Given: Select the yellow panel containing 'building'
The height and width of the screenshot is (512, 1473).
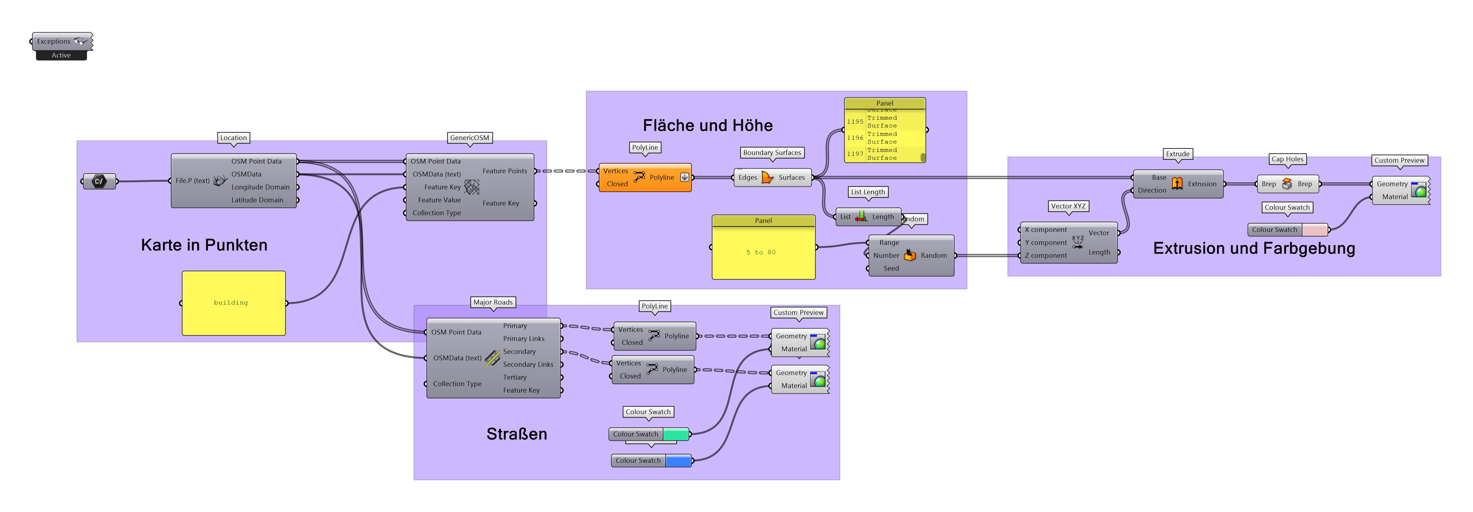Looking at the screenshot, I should coord(233,303).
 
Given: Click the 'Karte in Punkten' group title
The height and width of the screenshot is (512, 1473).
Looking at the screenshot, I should coord(204,245).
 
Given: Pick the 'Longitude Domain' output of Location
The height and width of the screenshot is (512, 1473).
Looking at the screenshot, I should coord(260,187).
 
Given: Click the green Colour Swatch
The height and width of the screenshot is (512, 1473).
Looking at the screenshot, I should coord(675,434).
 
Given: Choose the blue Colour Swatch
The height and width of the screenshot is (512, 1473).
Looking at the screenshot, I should coord(678,460).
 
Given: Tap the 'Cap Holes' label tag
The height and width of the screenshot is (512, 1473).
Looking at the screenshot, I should coord(1287,159).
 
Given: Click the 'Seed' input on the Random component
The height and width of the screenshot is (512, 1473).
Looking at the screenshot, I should coord(890,269).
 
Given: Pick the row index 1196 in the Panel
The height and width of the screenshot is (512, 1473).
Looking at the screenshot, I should coord(855,138).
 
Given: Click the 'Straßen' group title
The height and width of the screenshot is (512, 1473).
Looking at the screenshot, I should coord(516,434).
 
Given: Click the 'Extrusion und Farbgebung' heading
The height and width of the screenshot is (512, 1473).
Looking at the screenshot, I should coord(1254,249).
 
